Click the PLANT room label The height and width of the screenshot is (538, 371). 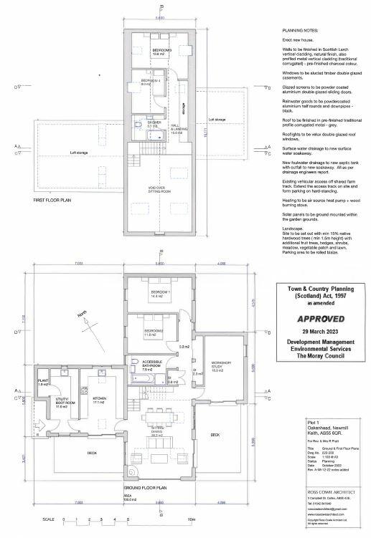pos(43,382)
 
